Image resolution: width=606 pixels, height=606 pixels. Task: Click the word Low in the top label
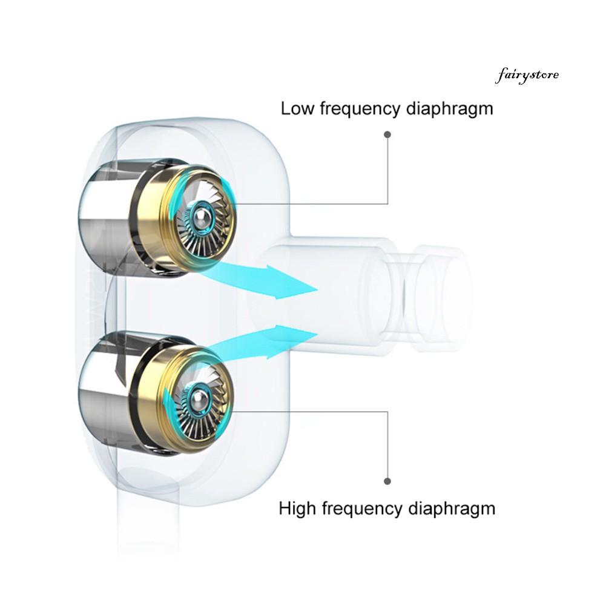coord(298,108)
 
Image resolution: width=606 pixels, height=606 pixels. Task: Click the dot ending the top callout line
coord(387,134)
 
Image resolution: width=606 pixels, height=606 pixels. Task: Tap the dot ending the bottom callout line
coord(387,481)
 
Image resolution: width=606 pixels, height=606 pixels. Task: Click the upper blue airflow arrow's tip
coord(318,289)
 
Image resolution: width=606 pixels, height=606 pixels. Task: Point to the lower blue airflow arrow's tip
coord(318,334)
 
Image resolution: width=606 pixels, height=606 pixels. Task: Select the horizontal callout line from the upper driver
coord(308,203)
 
